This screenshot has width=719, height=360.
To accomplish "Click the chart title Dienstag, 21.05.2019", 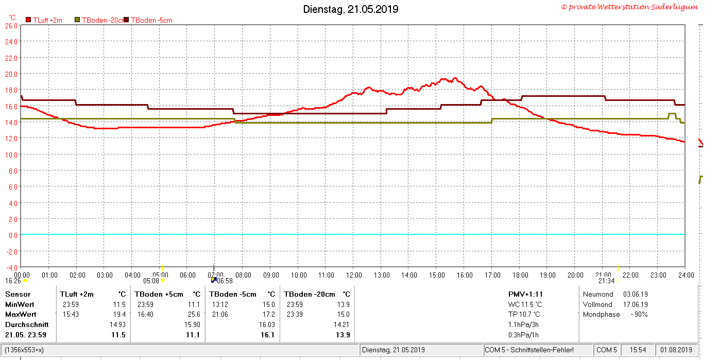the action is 351,9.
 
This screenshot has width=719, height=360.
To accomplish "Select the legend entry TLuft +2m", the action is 47,20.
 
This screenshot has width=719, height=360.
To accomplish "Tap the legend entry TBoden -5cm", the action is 151,20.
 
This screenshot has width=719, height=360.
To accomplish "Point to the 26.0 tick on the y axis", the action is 11,26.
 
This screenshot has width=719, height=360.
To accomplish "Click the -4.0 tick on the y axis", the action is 11,268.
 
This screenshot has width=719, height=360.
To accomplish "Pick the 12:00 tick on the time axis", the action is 354,276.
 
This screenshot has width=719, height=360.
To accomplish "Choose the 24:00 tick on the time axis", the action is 686,276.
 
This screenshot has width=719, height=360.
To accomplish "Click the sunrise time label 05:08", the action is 151,281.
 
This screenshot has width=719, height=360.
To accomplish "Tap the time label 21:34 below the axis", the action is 606,281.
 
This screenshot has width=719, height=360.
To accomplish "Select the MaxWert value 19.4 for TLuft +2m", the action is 119,315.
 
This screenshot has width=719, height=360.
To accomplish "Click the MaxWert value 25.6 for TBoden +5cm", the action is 194,315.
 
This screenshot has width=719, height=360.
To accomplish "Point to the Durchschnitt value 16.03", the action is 267,324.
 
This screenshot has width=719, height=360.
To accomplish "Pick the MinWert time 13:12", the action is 220,304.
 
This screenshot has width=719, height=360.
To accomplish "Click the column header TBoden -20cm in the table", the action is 310,294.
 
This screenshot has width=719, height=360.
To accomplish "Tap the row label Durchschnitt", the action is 27,324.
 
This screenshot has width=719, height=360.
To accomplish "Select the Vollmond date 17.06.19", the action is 636,304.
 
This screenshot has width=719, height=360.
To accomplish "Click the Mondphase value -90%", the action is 639,315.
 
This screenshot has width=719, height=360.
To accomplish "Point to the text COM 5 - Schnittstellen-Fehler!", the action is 529,350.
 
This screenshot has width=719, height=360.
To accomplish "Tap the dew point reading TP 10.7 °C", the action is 524,315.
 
